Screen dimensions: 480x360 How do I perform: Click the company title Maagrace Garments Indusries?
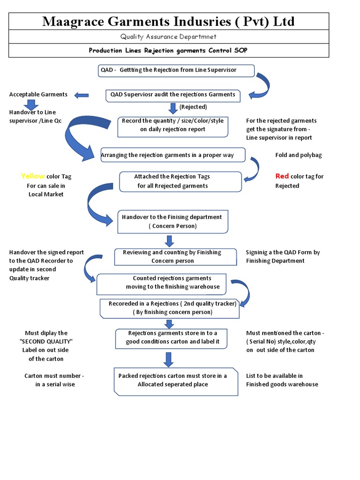(x=168, y=22)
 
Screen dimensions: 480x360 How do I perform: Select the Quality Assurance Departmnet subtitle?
(x=168, y=37)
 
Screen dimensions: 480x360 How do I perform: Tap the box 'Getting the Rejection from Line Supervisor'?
(x=176, y=70)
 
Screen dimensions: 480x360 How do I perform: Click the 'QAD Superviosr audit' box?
(x=173, y=95)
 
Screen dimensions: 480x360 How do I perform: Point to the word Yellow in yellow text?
(x=33, y=176)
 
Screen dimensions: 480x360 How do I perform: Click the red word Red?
(x=282, y=176)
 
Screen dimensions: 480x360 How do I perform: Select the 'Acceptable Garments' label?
(x=38, y=95)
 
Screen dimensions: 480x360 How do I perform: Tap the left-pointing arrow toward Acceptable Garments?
(x=82, y=96)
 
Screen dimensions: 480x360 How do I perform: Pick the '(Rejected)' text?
(x=193, y=107)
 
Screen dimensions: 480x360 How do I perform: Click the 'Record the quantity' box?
(x=172, y=126)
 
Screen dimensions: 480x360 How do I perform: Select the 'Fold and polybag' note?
(x=298, y=155)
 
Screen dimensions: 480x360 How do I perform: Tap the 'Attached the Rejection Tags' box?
(x=180, y=181)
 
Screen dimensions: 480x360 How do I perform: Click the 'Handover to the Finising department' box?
(x=172, y=222)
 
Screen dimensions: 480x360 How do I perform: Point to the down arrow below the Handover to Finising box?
(x=170, y=241)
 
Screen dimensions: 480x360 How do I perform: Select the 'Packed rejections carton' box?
(x=172, y=380)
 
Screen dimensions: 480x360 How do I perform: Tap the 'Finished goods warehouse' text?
(x=282, y=384)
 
